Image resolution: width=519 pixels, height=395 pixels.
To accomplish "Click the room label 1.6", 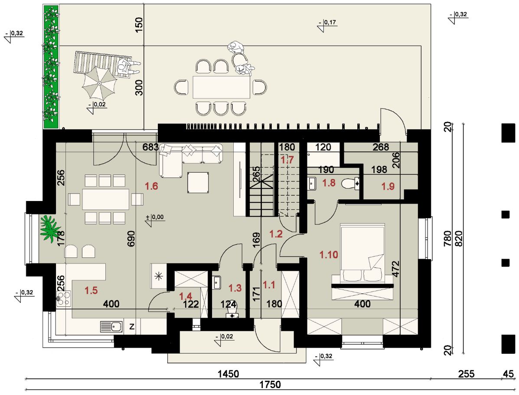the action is [x=151, y=186].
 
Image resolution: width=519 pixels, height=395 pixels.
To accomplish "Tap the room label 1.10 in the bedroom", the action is [x=329, y=255].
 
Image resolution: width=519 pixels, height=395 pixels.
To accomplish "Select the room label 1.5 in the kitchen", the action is [x=91, y=291].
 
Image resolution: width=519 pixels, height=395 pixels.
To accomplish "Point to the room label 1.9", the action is [x=388, y=186].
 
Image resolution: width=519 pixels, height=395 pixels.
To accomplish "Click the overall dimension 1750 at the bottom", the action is [x=270, y=385].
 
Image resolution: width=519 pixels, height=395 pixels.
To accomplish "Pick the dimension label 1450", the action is [x=228, y=374].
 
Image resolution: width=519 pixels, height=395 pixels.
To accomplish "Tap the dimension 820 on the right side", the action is [x=459, y=239].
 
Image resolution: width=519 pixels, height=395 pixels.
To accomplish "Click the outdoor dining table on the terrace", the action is [x=222, y=87].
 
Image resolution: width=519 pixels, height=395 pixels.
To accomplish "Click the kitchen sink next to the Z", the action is [x=111, y=327].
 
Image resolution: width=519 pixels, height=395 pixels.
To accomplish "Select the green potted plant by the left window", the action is [x=50, y=227].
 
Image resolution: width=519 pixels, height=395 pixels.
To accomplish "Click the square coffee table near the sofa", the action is [x=198, y=182].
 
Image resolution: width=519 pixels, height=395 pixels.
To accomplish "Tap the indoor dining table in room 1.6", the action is [x=106, y=199].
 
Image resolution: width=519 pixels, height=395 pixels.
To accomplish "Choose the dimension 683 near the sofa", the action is [x=150, y=147].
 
